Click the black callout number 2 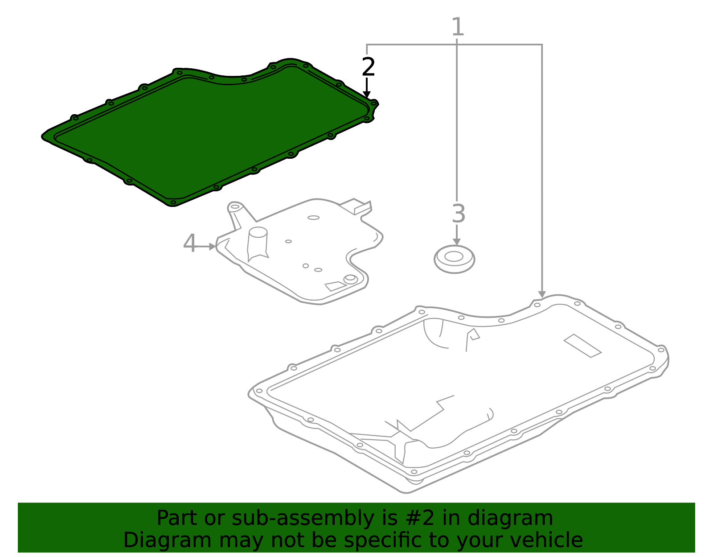coord(368,67)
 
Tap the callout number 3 coord(458,214)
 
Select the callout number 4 coord(190,244)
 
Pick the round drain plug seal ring coord(454,259)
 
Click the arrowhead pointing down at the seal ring coord(456,241)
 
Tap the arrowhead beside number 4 coord(213,246)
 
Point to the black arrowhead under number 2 coord(366,94)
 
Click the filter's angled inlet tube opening coord(234,207)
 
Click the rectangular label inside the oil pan coord(582,346)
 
